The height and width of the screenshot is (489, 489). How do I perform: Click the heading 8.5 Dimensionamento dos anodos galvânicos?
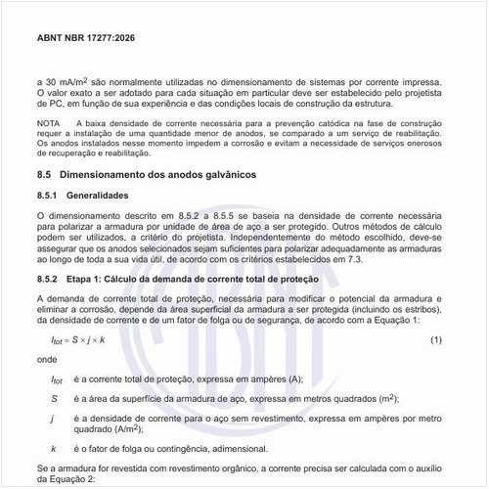[x=146, y=173]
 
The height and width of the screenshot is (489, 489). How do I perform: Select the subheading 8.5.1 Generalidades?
[x=95, y=196]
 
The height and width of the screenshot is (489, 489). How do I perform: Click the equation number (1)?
[x=436, y=338]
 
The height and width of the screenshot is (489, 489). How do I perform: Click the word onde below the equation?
[x=45, y=359]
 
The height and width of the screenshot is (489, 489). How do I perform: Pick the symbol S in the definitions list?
[x=54, y=399]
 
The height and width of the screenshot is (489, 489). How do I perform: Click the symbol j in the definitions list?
[x=53, y=419]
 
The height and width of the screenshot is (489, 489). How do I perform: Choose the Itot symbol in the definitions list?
[x=57, y=379]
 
